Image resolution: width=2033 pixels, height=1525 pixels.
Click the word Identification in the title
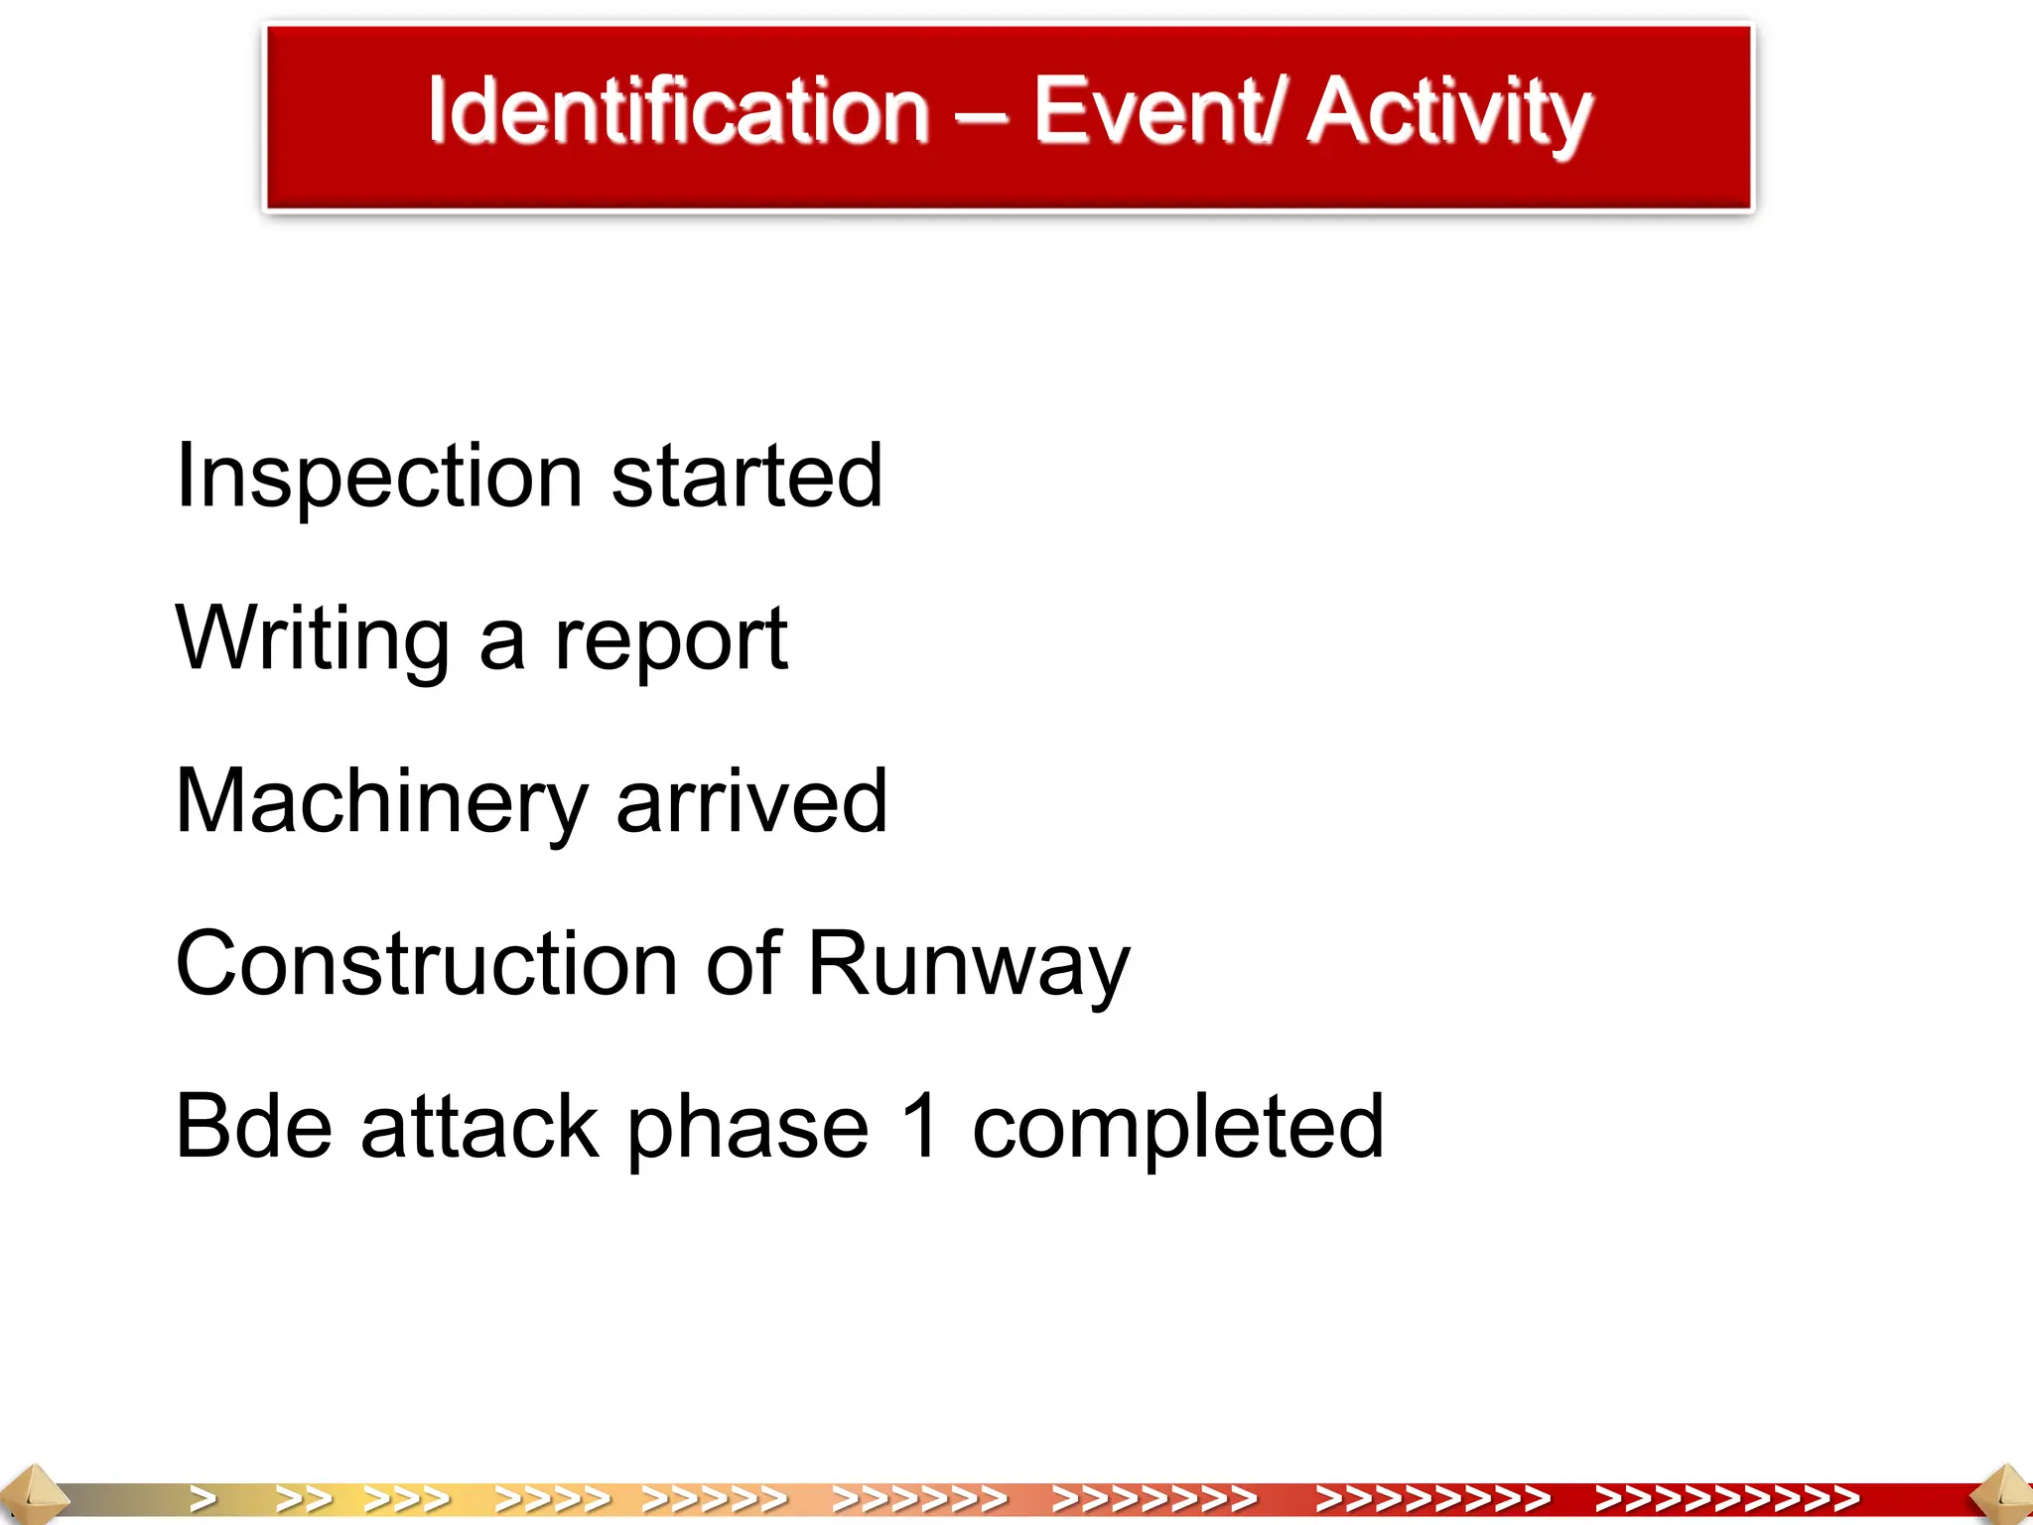point(678,111)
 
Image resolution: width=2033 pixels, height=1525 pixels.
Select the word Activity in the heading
point(1448,113)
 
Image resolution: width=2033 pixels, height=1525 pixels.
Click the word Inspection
point(378,478)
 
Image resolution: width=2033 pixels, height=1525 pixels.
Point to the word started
point(746,478)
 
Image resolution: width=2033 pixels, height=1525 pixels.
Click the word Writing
point(313,640)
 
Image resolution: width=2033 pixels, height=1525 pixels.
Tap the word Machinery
point(381,803)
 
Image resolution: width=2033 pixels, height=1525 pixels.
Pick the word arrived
point(751,802)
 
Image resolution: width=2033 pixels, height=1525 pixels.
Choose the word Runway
point(969,965)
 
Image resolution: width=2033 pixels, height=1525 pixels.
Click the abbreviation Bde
point(253,1126)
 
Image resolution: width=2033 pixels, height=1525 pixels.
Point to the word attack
point(479,1126)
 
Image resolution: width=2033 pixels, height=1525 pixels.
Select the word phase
point(747,1128)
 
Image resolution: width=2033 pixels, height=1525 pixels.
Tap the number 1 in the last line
point(921,1126)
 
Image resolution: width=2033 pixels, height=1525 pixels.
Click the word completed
point(1177,1128)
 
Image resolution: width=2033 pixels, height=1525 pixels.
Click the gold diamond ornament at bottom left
point(32,1494)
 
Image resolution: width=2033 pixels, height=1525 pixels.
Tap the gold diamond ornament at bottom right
point(2003,1494)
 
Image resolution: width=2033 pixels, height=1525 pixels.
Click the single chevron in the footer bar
point(203,1498)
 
